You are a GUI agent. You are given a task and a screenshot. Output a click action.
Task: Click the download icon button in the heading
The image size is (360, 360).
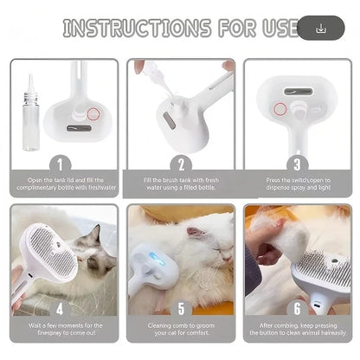tap(321, 28)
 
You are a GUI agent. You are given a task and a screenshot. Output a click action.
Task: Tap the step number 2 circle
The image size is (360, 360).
tap(181, 162)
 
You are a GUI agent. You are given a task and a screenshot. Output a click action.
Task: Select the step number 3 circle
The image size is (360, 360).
tap(297, 162)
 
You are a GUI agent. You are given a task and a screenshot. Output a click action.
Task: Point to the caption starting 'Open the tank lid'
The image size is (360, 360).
tap(63, 183)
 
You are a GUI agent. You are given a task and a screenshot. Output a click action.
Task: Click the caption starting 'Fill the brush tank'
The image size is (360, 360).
tap(181, 183)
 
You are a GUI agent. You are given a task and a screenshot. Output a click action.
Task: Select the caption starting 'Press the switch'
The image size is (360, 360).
tap(297, 183)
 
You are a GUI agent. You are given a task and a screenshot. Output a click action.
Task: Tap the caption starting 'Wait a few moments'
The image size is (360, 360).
tap(63, 330)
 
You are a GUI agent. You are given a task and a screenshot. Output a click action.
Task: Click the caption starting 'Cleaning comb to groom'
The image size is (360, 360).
tap(181, 330)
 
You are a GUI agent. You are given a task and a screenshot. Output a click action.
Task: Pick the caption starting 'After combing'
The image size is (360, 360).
tap(297, 330)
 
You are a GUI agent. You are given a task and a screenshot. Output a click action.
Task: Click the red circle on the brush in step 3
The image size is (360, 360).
tap(280, 109)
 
